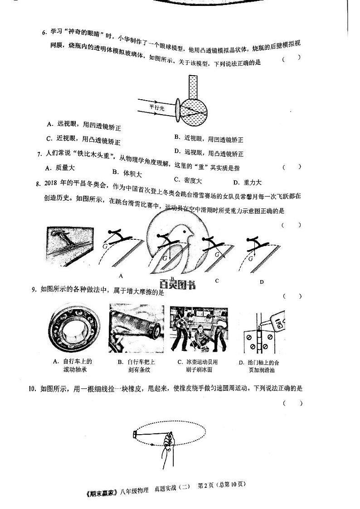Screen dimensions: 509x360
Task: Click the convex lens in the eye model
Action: click(x=178, y=111)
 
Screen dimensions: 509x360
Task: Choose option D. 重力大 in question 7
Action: click(x=247, y=183)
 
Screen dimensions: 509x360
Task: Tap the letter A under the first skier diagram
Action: click(x=121, y=276)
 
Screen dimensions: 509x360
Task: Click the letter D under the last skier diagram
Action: click(x=262, y=282)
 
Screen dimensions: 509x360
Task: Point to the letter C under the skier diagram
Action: click(x=217, y=281)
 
